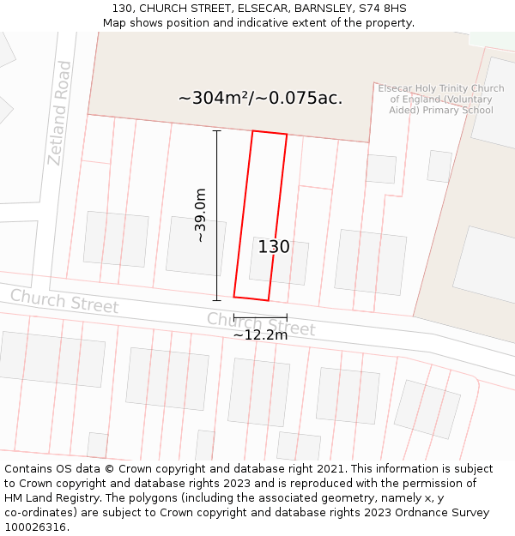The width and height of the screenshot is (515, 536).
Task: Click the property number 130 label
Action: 274,247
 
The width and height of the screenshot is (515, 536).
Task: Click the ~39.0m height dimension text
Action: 201,215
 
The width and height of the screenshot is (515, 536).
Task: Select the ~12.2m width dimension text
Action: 260,335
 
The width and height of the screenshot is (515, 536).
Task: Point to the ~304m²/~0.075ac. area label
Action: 260,98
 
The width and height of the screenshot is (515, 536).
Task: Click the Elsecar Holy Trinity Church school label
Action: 441,99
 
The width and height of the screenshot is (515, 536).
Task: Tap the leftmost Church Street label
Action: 64,301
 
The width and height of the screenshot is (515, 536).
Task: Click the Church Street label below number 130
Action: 261,324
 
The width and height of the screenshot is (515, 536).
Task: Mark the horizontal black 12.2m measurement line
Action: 260,317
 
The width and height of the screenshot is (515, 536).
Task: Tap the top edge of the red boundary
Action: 270,133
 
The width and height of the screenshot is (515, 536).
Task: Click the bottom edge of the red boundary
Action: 251,298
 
